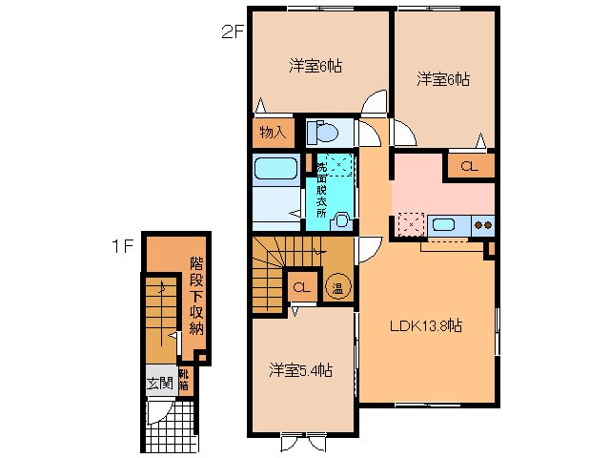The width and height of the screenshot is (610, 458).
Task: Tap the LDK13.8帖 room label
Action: [425, 326]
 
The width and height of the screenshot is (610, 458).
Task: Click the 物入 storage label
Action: [273, 133]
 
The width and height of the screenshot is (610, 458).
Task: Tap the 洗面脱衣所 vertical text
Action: [321, 189]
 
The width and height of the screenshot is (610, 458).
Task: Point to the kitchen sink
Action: [443, 225]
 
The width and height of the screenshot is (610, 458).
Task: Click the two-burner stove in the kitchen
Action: [482, 225]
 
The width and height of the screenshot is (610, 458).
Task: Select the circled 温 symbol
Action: [336, 286]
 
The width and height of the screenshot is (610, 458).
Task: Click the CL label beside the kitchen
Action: [468, 166]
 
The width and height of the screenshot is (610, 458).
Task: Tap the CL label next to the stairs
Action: [300, 286]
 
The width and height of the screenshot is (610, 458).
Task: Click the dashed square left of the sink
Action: [411, 225]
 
